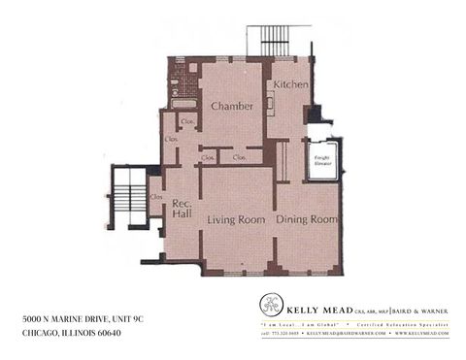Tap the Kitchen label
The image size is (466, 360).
click(290, 85)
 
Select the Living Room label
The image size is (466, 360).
click(236, 220)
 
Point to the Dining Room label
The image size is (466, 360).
click(307, 220)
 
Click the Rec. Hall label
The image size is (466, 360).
click(181, 209)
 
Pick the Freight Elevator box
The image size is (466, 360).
click(320, 160)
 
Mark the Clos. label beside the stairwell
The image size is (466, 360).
click(156, 197)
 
